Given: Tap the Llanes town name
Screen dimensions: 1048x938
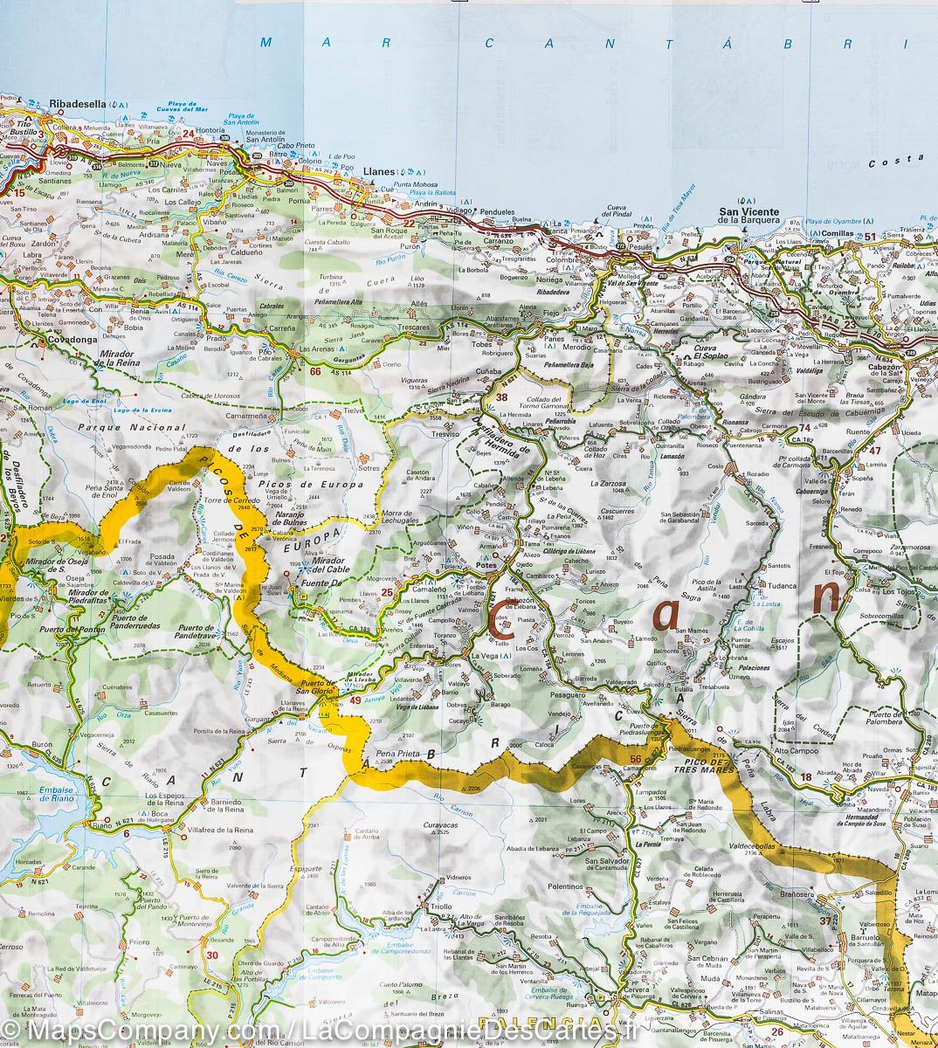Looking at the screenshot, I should [364, 171].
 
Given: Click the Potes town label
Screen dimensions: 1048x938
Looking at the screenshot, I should [486, 567].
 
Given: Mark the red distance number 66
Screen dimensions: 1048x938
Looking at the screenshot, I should [315, 370].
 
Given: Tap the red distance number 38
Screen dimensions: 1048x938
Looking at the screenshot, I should [501, 397].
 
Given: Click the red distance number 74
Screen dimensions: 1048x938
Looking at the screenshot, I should [804, 427].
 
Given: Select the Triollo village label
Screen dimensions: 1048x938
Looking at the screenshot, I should [441, 907].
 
